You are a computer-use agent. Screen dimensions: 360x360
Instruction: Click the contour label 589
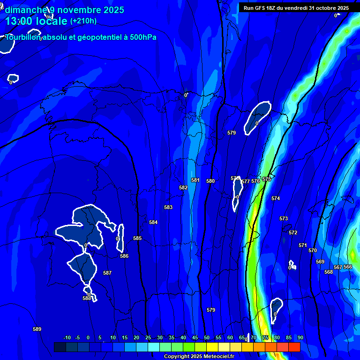coord(37,329)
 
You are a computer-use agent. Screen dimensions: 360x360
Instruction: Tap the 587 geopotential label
coord(107,273)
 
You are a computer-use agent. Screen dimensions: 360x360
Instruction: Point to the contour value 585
coord(137,238)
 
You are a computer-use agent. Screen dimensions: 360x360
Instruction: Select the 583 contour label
coord(168,207)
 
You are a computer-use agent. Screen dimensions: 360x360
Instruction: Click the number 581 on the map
coord(195,180)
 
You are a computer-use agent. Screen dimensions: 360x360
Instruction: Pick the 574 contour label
coord(276,198)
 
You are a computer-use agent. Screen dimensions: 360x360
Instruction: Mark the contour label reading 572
coord(293,232)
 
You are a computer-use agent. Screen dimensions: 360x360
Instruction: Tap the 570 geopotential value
coord(313,250)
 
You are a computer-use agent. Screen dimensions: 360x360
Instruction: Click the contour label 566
coord(348,267)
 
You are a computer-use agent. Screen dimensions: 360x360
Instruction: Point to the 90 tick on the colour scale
coord(300,337)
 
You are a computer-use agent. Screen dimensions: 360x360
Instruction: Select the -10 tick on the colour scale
coord(67,337)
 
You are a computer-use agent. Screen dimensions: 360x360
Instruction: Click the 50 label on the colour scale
coord(207,337)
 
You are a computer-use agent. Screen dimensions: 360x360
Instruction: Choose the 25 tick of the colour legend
coord(148,337)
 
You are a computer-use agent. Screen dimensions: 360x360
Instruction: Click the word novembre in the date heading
coord(79,10)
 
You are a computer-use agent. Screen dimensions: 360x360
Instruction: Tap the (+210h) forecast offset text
coord(83,21)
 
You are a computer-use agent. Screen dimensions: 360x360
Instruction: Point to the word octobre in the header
coord(324,8)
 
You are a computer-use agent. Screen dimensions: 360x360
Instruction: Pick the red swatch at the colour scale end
coord(294,347)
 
